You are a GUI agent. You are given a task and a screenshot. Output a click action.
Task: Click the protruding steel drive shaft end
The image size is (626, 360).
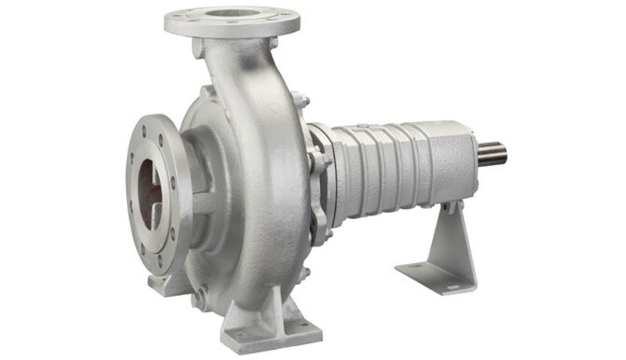[492, 153]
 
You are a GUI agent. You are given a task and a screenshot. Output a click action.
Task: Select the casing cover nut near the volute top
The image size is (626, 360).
[300, 99]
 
